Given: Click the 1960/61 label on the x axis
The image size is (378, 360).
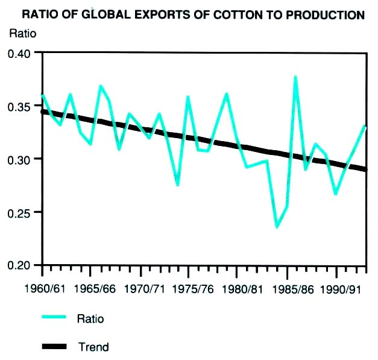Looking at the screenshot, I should [x=43, y=288].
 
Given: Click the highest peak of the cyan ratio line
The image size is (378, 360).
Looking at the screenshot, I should [x=295, y=77].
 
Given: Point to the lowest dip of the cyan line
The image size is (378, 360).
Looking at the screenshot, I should [x=277, y=227].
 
